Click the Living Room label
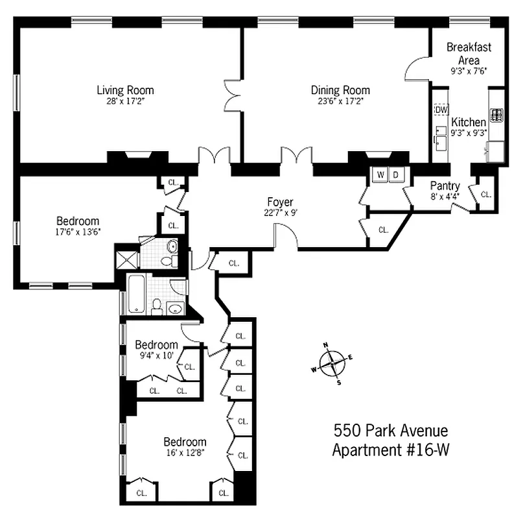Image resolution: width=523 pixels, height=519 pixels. point(125,90)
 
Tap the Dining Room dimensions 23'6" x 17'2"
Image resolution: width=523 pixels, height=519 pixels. point(340,101)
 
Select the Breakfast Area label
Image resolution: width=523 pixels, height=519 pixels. point(469,53)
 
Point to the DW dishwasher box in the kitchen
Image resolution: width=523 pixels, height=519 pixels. point(441,110)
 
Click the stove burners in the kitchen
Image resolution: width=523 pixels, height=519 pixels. point(497,115)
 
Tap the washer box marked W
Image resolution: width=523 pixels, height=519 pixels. point(380,175)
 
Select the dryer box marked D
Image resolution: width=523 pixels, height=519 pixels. point(396,175)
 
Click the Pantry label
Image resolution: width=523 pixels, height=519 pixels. point(445,186)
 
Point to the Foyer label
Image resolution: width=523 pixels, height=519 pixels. point(280,202)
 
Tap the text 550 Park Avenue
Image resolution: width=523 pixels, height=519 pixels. point(390,430)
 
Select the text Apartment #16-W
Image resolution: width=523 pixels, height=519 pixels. point(390,450)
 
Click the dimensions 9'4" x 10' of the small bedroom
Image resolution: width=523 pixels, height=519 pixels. point(156,355)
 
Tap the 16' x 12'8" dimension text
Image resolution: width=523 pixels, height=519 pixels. point(185,452)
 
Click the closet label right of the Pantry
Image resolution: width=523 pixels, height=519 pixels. point(485,194)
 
